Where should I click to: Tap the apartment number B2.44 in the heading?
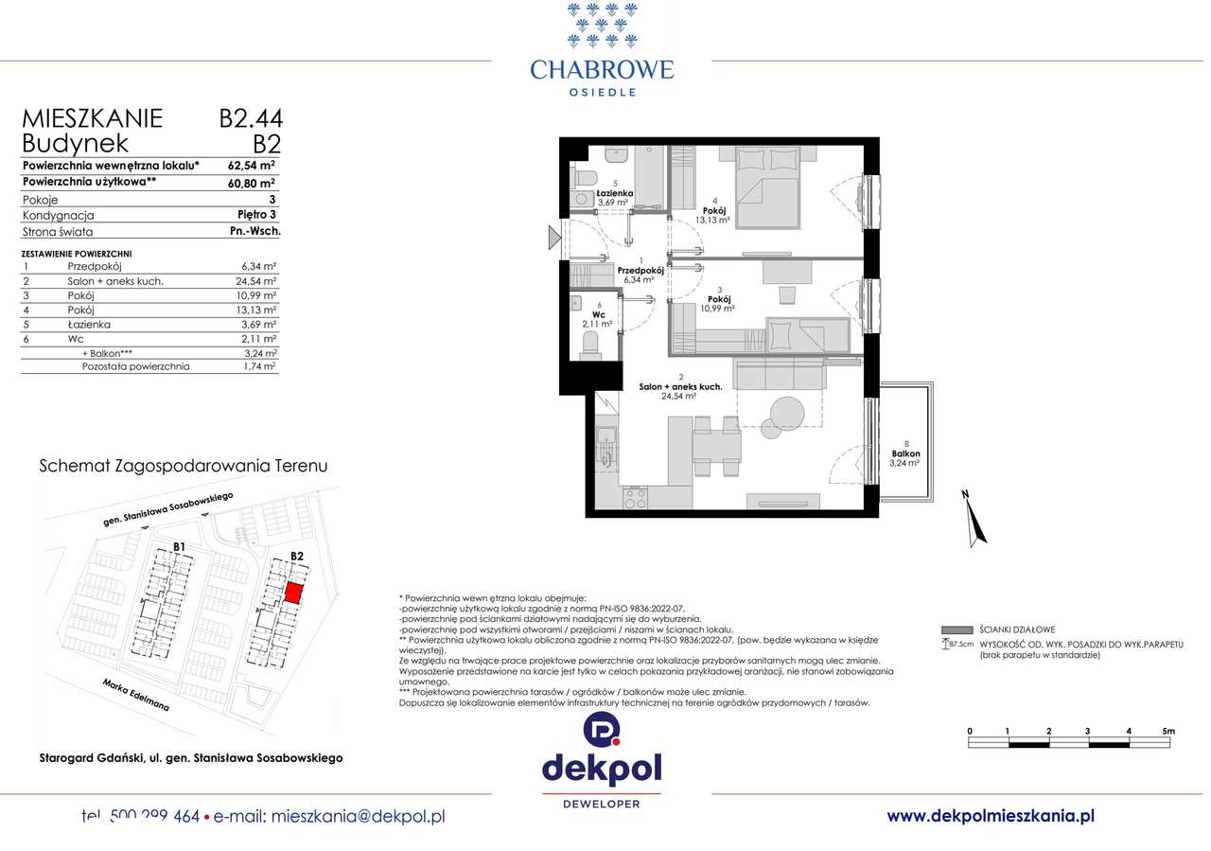251,118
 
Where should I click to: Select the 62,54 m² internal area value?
252,164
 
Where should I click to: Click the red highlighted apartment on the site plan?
294,593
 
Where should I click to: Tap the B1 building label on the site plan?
179,546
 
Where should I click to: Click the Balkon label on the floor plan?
904,454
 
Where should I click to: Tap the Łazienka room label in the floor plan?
616,192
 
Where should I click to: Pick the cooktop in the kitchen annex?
636,498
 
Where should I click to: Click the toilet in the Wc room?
591,347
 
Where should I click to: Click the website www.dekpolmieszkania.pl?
991,815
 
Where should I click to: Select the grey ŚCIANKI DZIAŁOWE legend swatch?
958,629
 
